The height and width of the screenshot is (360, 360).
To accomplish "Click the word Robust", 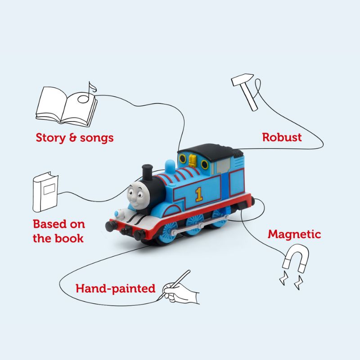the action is [282, 137].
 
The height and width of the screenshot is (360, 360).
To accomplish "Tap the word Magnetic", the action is [294, 234].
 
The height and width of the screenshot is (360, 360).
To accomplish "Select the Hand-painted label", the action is [116, 288].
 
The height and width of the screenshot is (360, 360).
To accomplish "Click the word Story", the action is [50, 138].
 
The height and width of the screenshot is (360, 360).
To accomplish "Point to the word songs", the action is [97, 139].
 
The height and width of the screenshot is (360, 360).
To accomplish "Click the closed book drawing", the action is [45, 192].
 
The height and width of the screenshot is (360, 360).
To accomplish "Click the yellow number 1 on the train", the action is [199, 194].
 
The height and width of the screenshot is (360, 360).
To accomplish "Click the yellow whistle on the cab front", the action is [193, 160].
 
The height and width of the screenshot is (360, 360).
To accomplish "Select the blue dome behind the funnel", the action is [170, 166].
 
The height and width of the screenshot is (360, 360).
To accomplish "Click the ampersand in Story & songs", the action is [73, 138].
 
